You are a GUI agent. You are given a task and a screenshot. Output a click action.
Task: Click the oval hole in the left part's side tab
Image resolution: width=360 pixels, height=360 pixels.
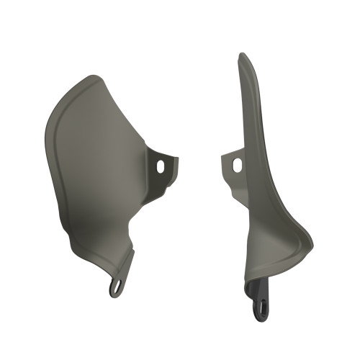161,166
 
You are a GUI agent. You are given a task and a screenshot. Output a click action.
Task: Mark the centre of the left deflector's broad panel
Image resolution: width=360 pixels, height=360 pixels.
101,166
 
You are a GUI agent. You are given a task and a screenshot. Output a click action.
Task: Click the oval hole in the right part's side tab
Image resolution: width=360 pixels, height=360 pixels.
237,164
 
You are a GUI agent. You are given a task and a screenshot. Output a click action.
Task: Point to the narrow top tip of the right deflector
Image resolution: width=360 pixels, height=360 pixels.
243,56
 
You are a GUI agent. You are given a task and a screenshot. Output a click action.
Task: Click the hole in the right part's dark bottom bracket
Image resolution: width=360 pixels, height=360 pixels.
261,310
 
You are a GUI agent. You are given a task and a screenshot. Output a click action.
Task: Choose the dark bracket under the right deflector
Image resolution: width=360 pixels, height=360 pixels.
260,299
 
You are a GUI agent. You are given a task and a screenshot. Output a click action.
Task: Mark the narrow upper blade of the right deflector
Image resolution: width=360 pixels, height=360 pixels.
249,108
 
